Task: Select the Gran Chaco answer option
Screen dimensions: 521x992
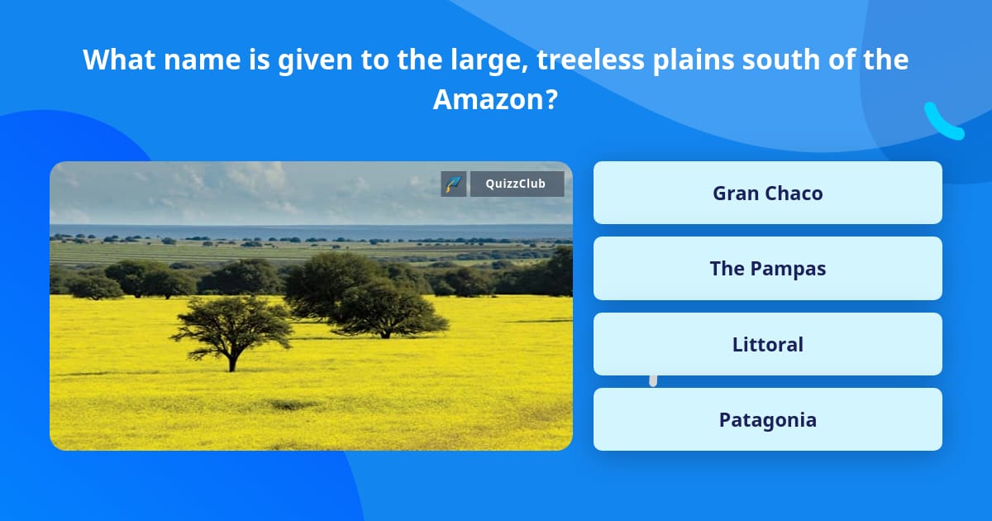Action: [x=767, y=194]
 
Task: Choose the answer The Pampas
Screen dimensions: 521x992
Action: [x=767, y=269]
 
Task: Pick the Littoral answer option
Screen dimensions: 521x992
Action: [x=767, y=344]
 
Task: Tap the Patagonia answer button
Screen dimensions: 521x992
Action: [x=767, y=419]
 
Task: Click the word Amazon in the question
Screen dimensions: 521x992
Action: [x=487, y=100]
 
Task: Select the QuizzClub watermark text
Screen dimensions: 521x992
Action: [x=516, y=184]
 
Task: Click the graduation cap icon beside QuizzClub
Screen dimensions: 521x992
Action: [x=453, y=184]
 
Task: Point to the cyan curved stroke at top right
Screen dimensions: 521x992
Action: [x=942, y=122]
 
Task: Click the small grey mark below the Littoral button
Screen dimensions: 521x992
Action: [x=653, y=380]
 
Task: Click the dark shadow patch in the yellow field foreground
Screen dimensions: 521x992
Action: [x=293, y=404]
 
